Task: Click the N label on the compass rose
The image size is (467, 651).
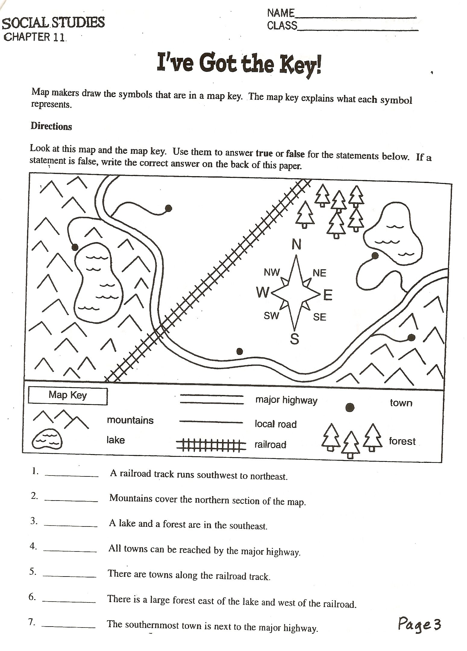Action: click(296, 244)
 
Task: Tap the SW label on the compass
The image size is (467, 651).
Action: click(271, 316)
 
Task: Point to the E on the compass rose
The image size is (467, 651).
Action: click(328, 295)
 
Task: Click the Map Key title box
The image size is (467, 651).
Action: click(68, 396)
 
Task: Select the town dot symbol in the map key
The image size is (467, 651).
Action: click(350, 408)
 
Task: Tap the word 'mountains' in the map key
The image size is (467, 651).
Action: click(130, 420)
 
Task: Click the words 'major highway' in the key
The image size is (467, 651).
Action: click(286, 400)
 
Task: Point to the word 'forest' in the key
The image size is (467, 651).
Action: click(402, 441)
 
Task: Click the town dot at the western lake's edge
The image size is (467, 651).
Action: click(75, 247)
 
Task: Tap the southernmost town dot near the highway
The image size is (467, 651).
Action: click(240, 351)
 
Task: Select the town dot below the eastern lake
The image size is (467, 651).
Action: click(375, 256)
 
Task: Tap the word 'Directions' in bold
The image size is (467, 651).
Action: click(51, 126)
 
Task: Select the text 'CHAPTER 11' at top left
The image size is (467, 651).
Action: click(34, 37)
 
